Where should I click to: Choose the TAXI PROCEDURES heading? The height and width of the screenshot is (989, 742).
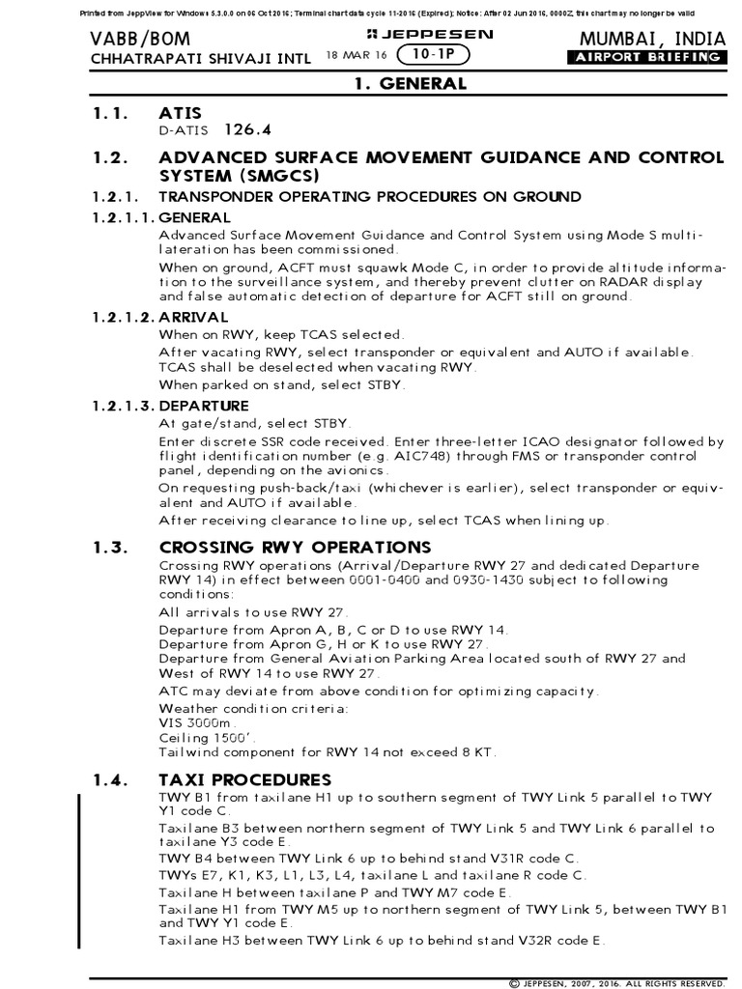(x=244, y=778)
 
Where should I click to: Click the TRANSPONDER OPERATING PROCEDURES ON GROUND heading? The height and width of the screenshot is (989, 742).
(x=370, y=197)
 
